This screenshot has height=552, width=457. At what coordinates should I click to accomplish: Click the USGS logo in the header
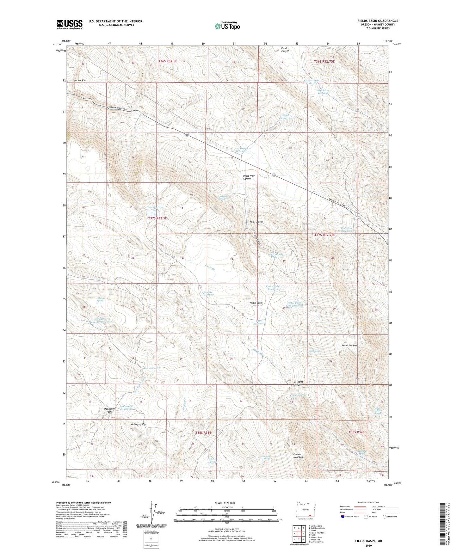point(70,24)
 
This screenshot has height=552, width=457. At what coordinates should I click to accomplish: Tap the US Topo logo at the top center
point(227,26)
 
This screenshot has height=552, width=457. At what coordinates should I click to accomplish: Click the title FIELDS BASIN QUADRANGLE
point(378,21)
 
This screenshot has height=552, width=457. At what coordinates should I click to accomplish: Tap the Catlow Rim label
point(80,81)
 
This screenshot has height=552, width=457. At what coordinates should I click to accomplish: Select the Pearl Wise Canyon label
point(249,177)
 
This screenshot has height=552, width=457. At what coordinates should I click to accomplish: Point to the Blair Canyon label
point(256,222)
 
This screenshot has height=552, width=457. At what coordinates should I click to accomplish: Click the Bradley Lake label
point(155,207)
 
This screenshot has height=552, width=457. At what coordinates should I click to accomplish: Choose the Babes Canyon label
point(349,345)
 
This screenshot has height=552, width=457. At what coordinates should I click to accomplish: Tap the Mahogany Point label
point(109,410)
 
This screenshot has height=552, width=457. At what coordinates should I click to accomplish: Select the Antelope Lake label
point(151,368)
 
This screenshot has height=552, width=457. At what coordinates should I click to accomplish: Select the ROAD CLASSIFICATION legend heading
point(368,502)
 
